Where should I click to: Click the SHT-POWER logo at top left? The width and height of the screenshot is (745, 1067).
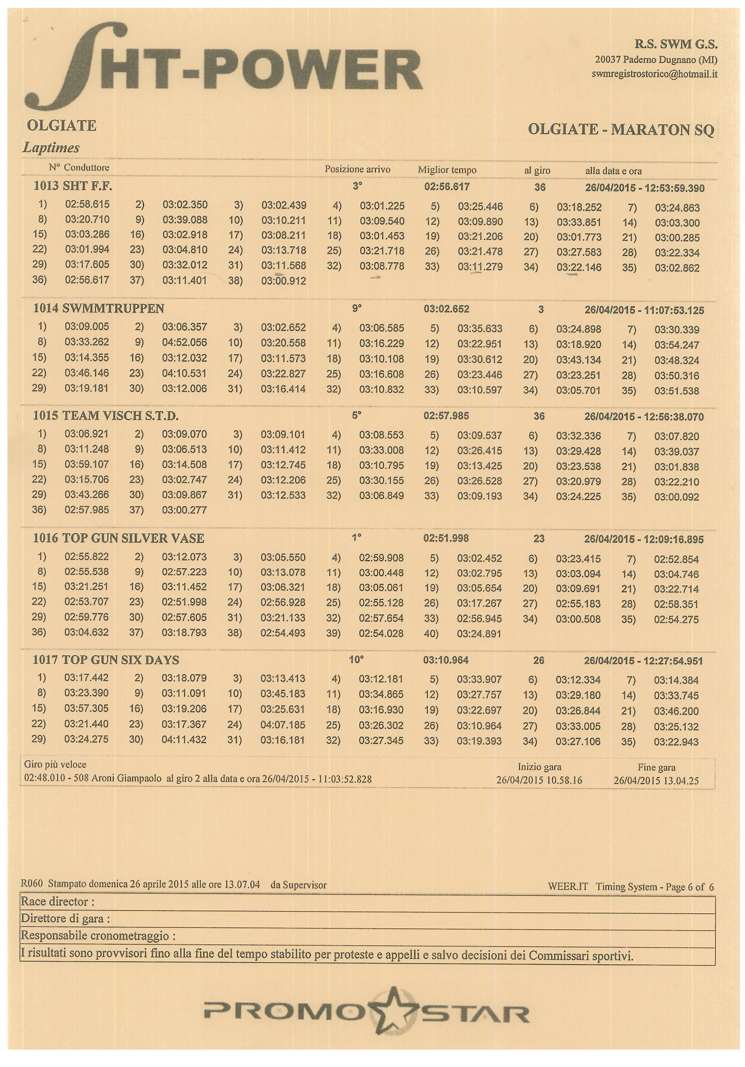tap(223, 70)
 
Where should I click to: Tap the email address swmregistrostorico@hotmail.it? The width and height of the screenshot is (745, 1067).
tap(654, 74)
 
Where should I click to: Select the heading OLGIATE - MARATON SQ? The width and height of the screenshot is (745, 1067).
tap(620, 129)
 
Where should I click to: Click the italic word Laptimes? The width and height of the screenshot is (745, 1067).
tap(51, 148)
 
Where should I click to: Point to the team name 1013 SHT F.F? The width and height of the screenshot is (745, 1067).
tap(73, 186)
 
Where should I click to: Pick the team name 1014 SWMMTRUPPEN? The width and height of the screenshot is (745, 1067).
tap(99, 309)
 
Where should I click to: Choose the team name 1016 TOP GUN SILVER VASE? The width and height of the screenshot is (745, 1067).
tap(118, 538)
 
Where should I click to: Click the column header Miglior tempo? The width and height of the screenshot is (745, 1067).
tap(447, 170)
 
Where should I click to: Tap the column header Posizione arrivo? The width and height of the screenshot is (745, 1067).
tap(357, 169)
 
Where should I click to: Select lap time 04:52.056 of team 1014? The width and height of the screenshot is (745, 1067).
tap(184, 343)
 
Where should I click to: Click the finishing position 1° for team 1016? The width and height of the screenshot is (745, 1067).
tap(356, 538)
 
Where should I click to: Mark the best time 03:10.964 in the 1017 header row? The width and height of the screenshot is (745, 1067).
tap(446, 660)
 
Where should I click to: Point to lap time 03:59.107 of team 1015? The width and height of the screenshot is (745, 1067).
tap(87, 464)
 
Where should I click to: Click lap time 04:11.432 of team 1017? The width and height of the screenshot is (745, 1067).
tap(184, 740)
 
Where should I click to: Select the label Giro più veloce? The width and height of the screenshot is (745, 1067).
tap(55, 765)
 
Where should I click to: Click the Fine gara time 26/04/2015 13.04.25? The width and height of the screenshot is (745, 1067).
tap(656, 781)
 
